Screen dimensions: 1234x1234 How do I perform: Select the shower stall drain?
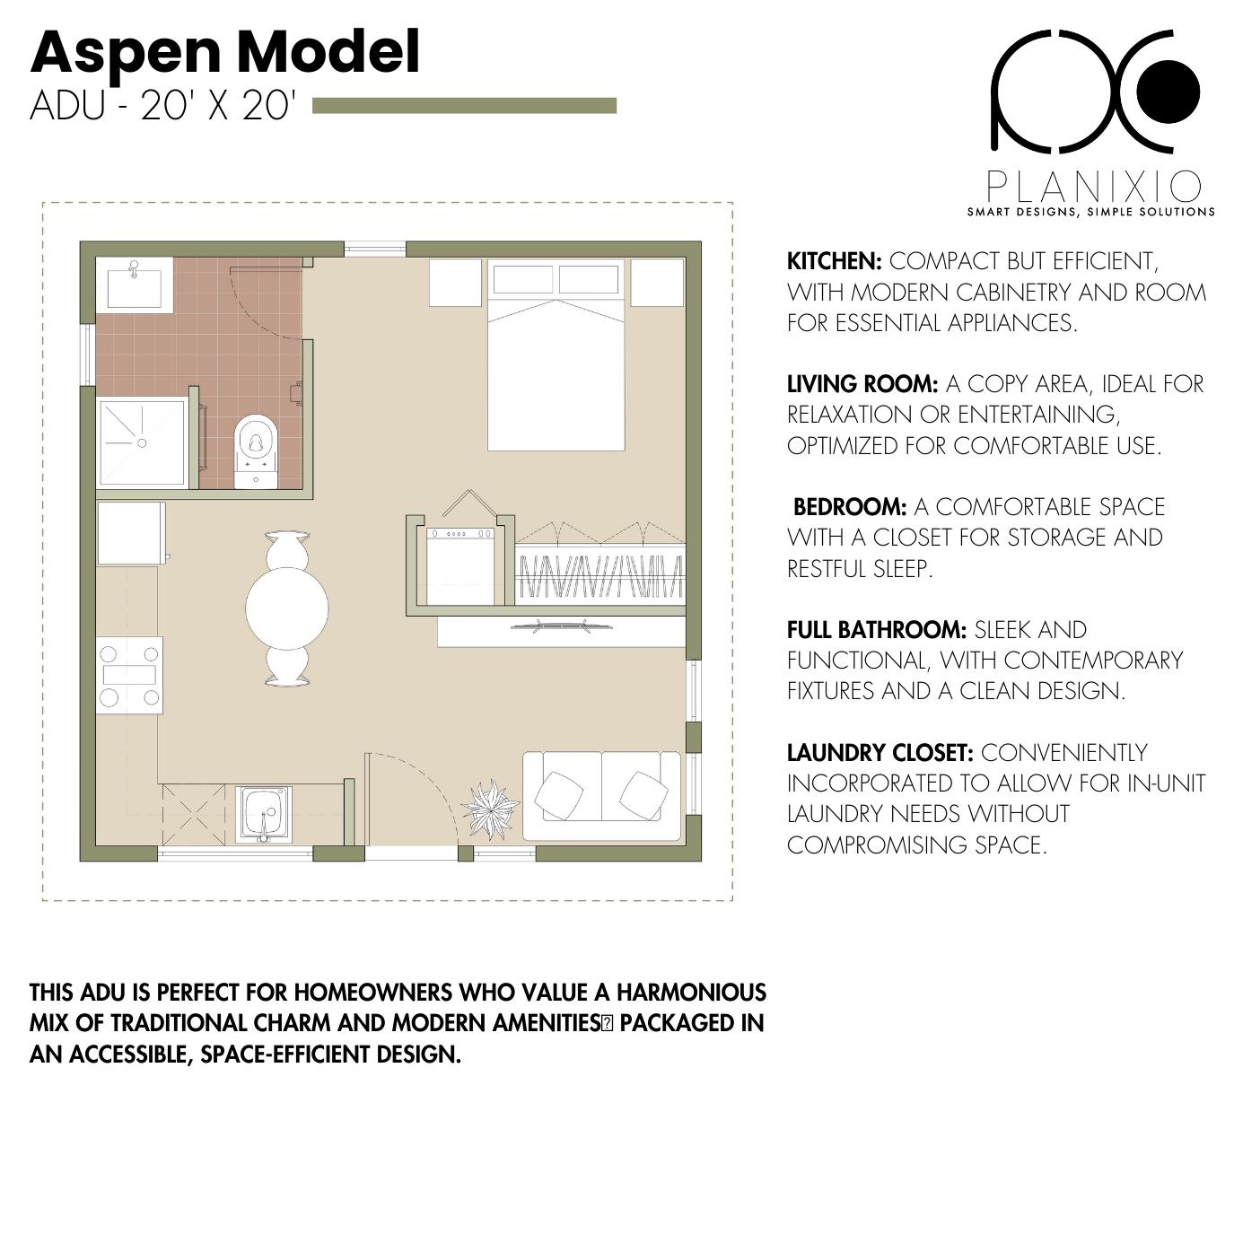point(141,442)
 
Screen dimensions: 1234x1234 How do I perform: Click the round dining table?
point(287,608)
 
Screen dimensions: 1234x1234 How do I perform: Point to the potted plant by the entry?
point(490,809)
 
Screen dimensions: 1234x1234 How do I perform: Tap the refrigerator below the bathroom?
point(131,533)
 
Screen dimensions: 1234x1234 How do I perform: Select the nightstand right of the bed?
point(657,282)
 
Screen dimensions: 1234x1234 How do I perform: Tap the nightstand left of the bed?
point(457,282)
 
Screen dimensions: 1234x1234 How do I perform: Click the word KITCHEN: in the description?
point(834,261)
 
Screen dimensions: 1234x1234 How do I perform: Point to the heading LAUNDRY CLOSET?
point(880,752)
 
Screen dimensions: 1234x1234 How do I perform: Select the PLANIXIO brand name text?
point(1093,187)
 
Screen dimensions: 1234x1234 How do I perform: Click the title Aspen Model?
point(224,52)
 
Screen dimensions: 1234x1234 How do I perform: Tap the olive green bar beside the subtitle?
point(464,106)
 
